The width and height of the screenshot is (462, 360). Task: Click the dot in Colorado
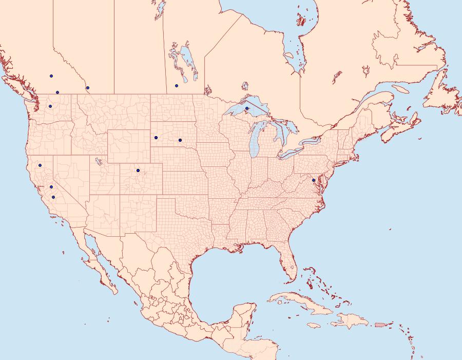[138, 170]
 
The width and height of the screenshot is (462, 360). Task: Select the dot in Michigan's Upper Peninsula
[247, 108]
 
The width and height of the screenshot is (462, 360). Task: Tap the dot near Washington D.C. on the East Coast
[313, 180]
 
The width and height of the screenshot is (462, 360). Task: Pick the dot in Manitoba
[176, 86]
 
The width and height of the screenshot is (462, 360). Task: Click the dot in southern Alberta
[88, 88]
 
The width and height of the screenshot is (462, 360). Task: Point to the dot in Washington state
[50, 106]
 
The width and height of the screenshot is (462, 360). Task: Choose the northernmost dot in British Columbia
[51, 76]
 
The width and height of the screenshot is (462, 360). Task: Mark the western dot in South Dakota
[156, 138]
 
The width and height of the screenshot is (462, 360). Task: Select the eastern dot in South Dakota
[180, 140]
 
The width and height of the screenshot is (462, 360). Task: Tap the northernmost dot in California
[40, 165]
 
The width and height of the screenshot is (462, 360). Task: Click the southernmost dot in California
[53, 197]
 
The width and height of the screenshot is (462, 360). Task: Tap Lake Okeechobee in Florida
[292, 267]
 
